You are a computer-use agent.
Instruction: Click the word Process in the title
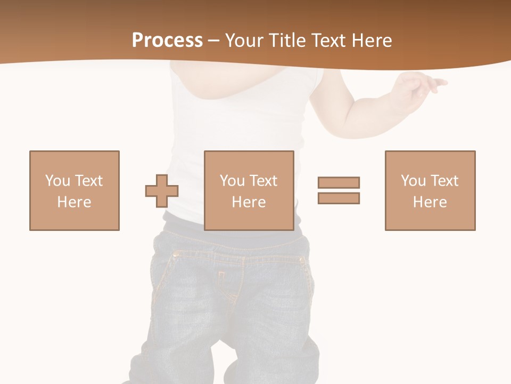pyautogui.click(x=167, y=41)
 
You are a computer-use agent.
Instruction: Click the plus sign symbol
pyautogui.click(x=162, y=191)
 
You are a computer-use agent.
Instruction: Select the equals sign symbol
pyautogui.click(x=339, y=190)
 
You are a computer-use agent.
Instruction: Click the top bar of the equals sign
pyautogui.click(x=339, y=182)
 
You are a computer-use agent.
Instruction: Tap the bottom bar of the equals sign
pyautogui.click(x=339, y=198)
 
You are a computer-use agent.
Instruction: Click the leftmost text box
pyautogui.click(x=74, y=190)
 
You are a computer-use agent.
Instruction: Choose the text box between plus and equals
pyautogui.click(x=249, y=190)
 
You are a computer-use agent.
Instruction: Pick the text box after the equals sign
pyautogui.click(x=430, y=190)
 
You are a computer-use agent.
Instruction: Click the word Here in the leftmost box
pyautogui.click(x=74, y=202)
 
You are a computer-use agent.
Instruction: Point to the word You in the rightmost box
pyautogui.click(x=413, y=181)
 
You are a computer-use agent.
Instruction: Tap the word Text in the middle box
pyautogui.click(x=263, y=181)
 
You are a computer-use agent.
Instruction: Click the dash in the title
pyautogui.click(x=213, y=41)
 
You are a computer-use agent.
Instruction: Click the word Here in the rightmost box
pyautogui.click(x=430, y=202)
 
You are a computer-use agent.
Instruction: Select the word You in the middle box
pyautogui.click(x=232, y=181)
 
